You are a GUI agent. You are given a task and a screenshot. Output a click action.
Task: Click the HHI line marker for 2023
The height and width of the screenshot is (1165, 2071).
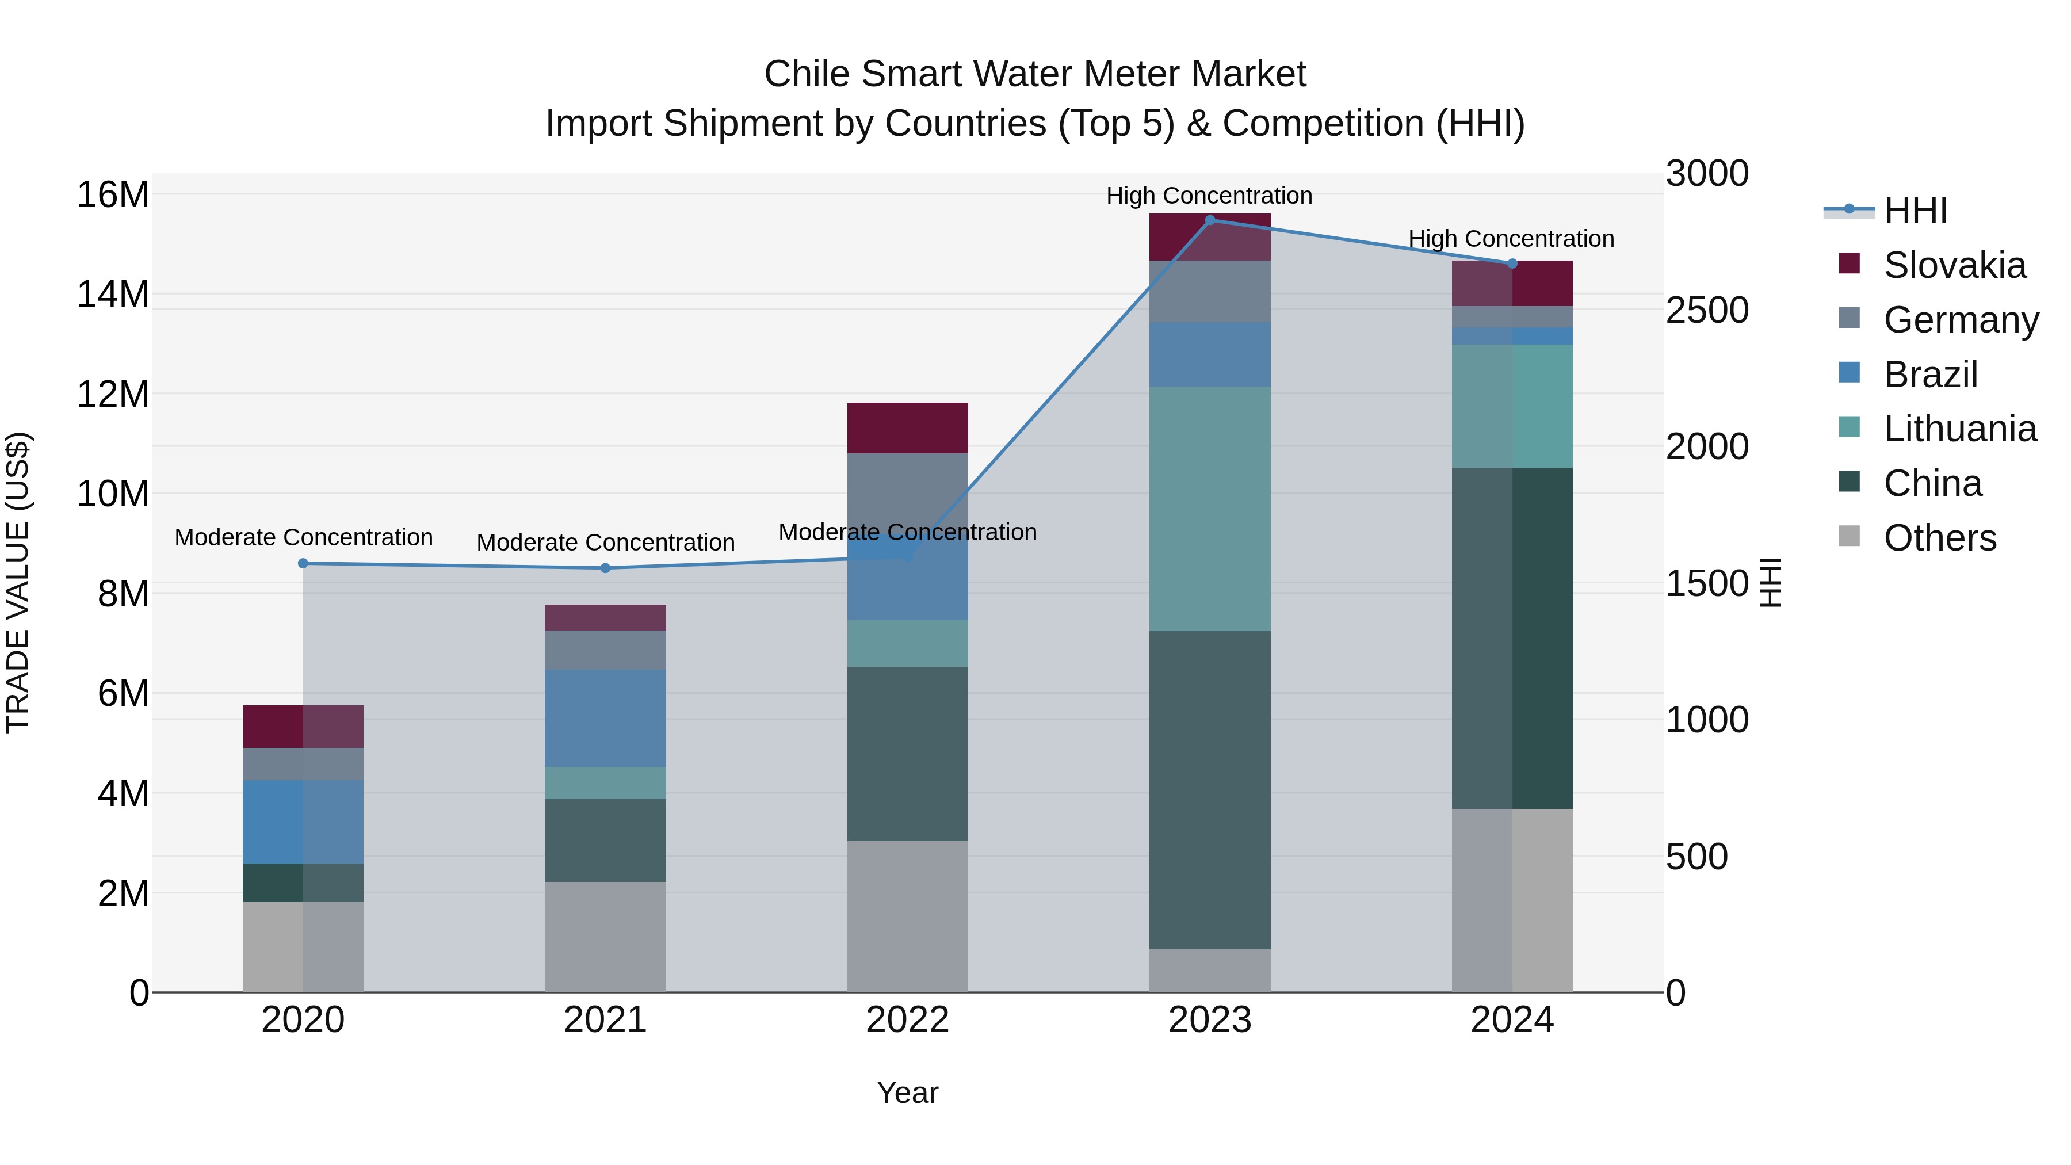coord(1210,220)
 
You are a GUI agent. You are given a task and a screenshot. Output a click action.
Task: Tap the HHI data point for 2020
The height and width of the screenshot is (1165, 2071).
coord(303,564)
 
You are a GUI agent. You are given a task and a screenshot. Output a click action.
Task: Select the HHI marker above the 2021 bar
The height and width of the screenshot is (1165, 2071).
coord(605,568)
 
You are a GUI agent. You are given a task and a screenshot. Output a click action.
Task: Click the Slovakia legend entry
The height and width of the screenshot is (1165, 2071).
coord(1954,265)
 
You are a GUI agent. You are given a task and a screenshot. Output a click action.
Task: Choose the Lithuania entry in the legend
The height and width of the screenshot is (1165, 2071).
coord(1959,429)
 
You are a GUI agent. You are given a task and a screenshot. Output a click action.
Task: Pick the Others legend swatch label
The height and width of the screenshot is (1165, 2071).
coord(1939,538)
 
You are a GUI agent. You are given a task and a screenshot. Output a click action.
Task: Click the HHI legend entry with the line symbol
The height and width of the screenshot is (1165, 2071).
coord(1913,211)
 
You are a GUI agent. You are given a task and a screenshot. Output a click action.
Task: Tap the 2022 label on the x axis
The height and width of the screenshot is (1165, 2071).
coord(908,1020)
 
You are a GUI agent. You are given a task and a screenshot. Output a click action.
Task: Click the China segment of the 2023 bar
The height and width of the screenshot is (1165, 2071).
coord(1210,789)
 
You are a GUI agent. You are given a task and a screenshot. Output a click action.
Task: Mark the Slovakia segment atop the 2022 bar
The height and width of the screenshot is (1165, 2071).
coord(908,427)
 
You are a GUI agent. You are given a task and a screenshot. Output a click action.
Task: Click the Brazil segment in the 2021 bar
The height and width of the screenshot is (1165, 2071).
coord(605,718)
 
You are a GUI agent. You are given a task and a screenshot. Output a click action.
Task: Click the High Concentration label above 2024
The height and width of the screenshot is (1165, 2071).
coord(1511,239)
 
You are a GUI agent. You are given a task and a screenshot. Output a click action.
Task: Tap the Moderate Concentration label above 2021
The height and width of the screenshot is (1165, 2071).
coord(605,543)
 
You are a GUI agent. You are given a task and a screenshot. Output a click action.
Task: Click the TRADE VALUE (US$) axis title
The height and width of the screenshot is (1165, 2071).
coord(18,582)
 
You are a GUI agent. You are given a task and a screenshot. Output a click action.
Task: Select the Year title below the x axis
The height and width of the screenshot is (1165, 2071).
coord(908,1093)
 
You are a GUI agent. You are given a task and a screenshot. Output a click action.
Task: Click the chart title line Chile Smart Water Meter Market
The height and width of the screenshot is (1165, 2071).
coord(1035,74)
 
